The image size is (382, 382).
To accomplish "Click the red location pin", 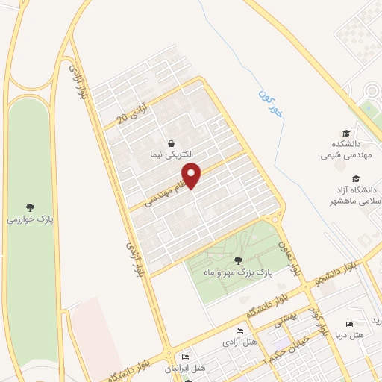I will (192, 175).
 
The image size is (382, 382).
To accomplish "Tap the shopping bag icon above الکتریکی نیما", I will (172, 143).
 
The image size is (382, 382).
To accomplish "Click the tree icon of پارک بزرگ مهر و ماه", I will (237, 260).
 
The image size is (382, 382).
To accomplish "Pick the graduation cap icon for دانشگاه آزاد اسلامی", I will (356, 179).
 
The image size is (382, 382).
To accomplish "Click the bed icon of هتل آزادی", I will (239, 331).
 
